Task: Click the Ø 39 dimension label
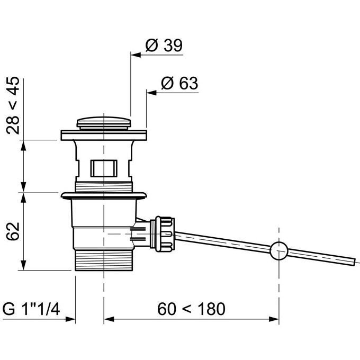point(164,45)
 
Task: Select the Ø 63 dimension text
point(179,83)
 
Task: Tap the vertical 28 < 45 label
point(13,105)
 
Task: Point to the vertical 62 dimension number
point(13,231)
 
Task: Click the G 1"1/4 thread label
point(31,309)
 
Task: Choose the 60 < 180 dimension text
point(191,309)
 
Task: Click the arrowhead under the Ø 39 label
point(136,55)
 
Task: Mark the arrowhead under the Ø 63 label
point(151,93)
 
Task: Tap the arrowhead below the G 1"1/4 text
point(70,319)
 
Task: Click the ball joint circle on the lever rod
point(279,251)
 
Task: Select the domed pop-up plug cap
point(104,123)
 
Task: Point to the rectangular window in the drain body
point(104,168)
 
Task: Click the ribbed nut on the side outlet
point(162,233)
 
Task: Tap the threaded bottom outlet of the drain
point(104,260)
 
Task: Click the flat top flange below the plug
point(104,135)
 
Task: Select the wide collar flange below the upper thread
point(104,196)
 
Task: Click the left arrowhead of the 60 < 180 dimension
point(109,319)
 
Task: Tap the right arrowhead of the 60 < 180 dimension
point(274,319)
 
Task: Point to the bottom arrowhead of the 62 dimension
point(23,265)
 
